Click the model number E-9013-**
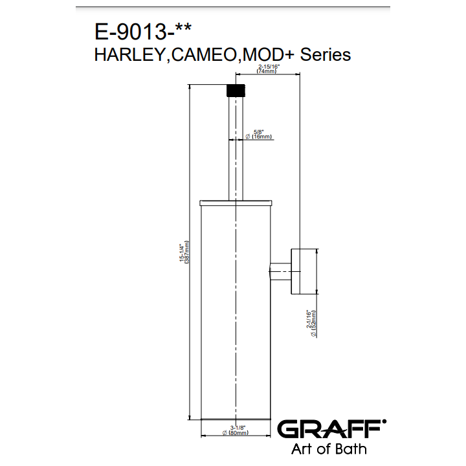(143, 32)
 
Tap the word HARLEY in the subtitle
(130, 55)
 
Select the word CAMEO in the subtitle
(204, 55)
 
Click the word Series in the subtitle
(326, 55)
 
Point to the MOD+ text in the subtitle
(269, 55)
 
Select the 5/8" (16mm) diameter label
(258, 135)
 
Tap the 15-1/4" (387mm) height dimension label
(184, 252)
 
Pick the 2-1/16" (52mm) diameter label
(311, 324)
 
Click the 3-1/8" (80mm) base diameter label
(236, 430)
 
